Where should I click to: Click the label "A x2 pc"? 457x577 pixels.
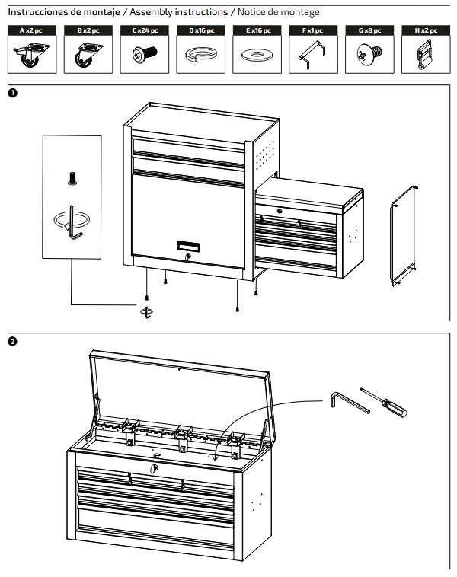(30, 30)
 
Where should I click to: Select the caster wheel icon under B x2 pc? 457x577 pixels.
(85, 55)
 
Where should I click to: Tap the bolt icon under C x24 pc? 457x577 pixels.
(143, 54)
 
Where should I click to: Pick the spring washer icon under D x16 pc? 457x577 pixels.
(200, 54)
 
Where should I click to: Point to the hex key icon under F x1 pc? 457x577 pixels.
(312, 55)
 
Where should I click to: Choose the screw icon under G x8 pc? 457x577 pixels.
(369, 54)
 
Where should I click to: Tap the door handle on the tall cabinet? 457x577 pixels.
(188, 245)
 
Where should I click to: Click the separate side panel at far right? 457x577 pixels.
(404, 234)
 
